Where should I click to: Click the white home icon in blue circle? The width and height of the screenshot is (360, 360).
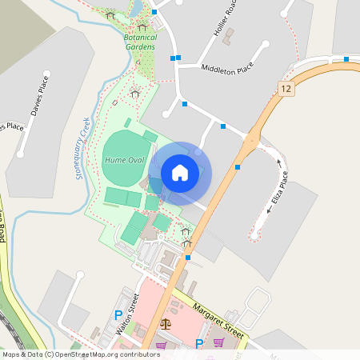[180, 172]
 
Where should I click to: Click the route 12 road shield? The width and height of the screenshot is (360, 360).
[286, 89]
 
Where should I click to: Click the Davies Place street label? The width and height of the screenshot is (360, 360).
[39, 95]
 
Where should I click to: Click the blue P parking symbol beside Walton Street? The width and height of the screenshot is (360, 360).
[118, 315]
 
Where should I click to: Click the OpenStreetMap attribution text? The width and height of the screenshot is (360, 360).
[80, 354]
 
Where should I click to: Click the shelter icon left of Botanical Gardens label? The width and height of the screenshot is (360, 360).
[110, 16]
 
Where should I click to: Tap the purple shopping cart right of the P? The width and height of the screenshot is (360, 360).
[218, 342]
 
